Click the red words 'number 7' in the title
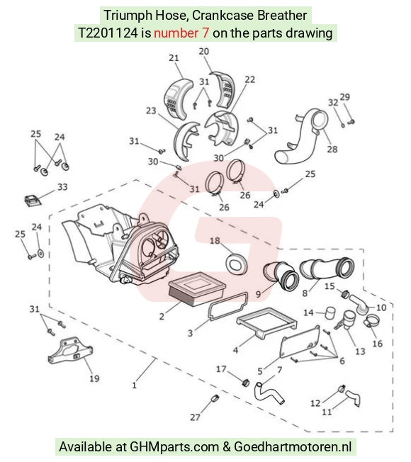pos(181,33)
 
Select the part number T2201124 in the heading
pos(108,33)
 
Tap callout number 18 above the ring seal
pos(215,240)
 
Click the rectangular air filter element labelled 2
pos(197,288)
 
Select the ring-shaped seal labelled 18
pos(236,263)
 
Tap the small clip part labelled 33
pos(32,201)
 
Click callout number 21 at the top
pos(174,57)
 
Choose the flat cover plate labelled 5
pos(300,342)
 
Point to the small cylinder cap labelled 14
pos(330,313)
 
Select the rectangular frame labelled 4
pos(266,323)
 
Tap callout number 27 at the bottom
pos(195,417)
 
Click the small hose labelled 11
pos(354,397)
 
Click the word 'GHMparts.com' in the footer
pos(174,447)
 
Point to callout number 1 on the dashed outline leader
pos(135,385)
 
